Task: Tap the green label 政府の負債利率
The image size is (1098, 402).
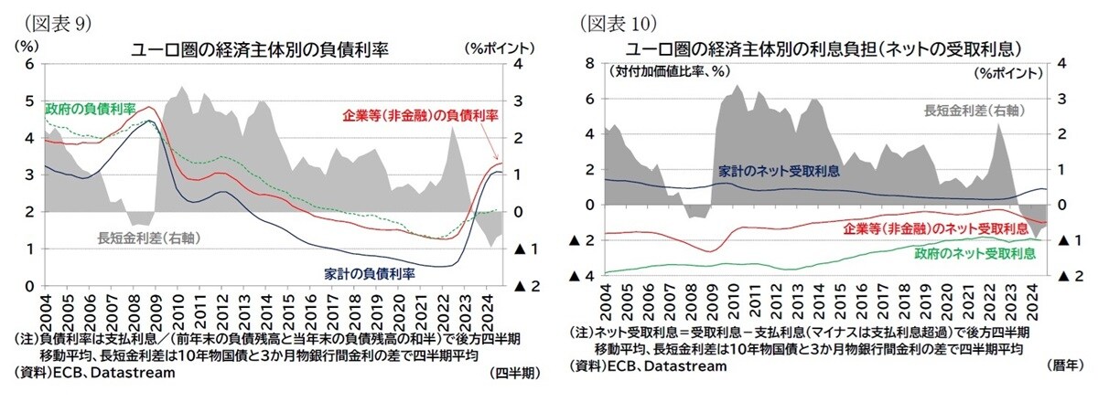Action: (91, 110)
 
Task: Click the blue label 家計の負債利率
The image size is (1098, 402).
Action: (370, 273)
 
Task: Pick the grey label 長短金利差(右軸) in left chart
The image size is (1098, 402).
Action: (149, 238)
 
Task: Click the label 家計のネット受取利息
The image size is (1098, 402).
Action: (778, 169)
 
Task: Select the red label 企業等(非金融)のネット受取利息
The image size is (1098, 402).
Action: (935, 227)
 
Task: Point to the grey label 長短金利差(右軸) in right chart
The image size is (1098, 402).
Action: (973, 111)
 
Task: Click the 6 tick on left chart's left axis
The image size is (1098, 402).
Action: (28, 64)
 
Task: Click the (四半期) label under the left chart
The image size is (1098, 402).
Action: (515, 373)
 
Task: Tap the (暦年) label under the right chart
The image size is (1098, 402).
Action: (1062, 365)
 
